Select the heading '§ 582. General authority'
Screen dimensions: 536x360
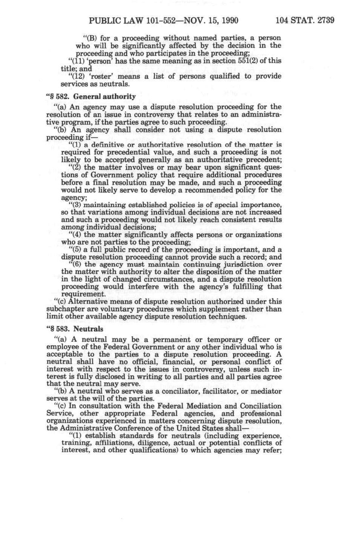click(93, 96)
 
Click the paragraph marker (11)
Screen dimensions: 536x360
click(76, 61)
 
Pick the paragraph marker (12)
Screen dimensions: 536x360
click(76, 76)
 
